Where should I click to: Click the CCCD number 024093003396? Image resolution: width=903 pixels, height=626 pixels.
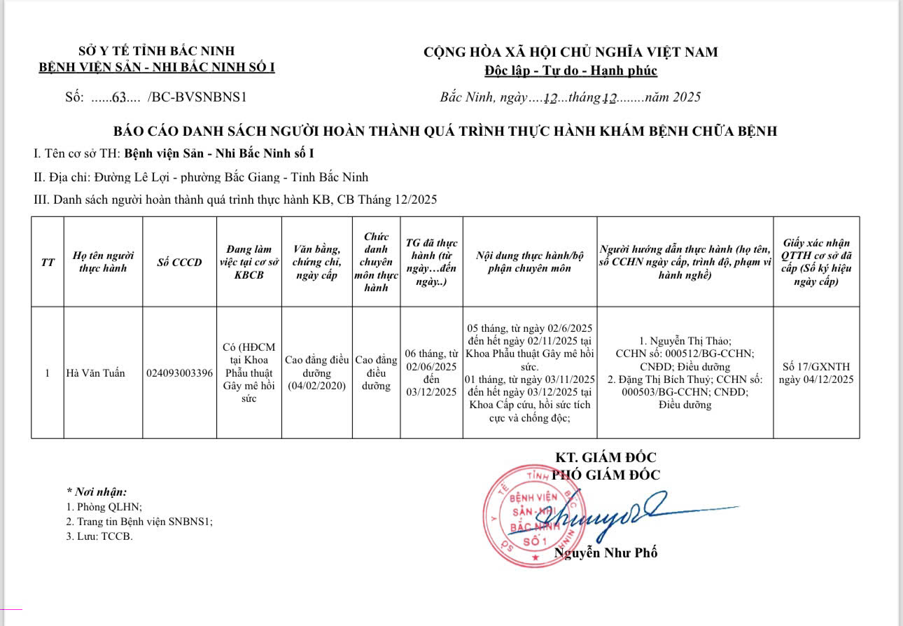[180, 373]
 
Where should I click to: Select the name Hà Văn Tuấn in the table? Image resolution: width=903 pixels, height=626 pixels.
[95, 373]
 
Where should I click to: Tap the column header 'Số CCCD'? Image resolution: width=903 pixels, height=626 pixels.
[180, 263]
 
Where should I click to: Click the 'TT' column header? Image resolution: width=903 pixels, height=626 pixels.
[48, 263]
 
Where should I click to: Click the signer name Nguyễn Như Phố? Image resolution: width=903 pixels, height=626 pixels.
[606, 552]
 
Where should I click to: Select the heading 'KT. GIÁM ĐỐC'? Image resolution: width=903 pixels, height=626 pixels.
[606, 458]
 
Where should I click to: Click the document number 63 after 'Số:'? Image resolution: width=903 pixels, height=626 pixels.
[118, 98]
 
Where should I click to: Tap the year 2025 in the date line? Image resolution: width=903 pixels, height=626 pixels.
[686, 97]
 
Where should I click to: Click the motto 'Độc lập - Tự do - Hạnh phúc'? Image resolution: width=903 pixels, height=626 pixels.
[570, 71]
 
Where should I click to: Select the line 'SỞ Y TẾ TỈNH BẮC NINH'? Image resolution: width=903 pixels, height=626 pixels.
[157, 51]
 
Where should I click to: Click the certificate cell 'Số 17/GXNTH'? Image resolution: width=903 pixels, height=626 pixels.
[817, 366]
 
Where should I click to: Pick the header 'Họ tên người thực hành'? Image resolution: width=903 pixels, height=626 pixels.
[103, 262]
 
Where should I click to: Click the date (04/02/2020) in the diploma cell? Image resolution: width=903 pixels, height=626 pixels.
[317, 386]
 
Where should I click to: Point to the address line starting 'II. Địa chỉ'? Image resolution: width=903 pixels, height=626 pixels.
[201, 177]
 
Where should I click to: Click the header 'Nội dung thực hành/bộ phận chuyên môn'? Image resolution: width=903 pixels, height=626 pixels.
[530, 262]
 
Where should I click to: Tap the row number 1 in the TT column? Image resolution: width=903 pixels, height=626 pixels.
[47, 373]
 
